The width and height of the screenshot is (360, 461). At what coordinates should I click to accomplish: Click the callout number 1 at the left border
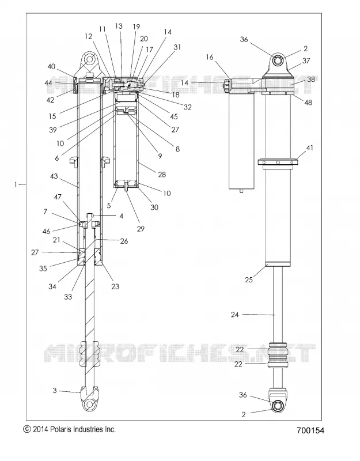pyautogui.click(x=16, y=184)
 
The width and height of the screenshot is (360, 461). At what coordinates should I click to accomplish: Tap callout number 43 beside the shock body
pyautogui.click(x=54, y=176)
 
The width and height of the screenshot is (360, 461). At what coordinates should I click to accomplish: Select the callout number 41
pyautogui.click(x=310, y=148)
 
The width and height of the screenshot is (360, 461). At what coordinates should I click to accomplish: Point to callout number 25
pyautogui.click(x=249, y=279)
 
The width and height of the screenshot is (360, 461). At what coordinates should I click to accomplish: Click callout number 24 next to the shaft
pyautogui.click(x=234, y=315)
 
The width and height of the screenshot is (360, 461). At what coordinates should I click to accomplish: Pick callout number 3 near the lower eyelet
pyautogui.click(x=54, y=391)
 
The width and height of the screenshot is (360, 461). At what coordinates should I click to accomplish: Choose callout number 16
pyautogui.click(x=210, y=57)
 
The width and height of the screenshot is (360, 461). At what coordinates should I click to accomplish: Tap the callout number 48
pyautogui.click(x=308, y=103)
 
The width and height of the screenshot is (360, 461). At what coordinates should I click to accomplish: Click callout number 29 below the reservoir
pyautogui.click(x=141, y=228)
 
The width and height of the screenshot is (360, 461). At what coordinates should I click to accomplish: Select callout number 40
pyautogui.click(x=51, y=66)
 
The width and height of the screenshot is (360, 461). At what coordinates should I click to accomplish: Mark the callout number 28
pyautogui.click(x=162, y=175)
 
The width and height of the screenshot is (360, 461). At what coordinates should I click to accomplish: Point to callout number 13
pyautogui.click(x=119, y=26)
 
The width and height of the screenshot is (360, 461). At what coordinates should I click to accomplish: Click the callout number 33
pyautogui.click(x=68, y=297)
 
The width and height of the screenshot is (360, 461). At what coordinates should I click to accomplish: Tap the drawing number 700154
pyautogui.click(x=310, y=430)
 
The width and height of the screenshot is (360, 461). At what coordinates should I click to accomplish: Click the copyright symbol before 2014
pyautogui.click(x=26, y=429)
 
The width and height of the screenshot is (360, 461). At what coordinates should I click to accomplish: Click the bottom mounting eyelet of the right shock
pyautogui.click(x=278, y=406)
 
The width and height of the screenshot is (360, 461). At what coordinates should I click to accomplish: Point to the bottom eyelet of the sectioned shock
pyautogui.click(x=89, y=405)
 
